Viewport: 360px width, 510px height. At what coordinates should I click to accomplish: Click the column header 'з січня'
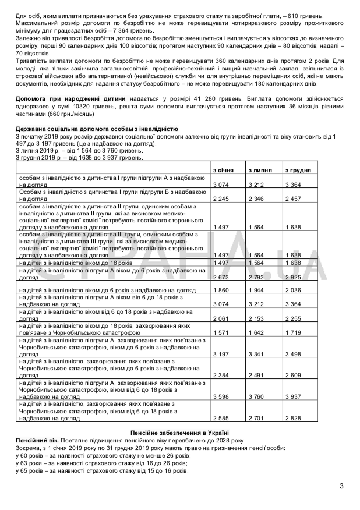click(x=223, y=170)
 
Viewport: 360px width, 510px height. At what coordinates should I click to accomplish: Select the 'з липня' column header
click(x=259, y=170)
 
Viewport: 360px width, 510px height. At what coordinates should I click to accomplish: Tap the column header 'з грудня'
click(x=297, y=170)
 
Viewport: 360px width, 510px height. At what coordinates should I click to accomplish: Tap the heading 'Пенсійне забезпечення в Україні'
click(x=179, y=433)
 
